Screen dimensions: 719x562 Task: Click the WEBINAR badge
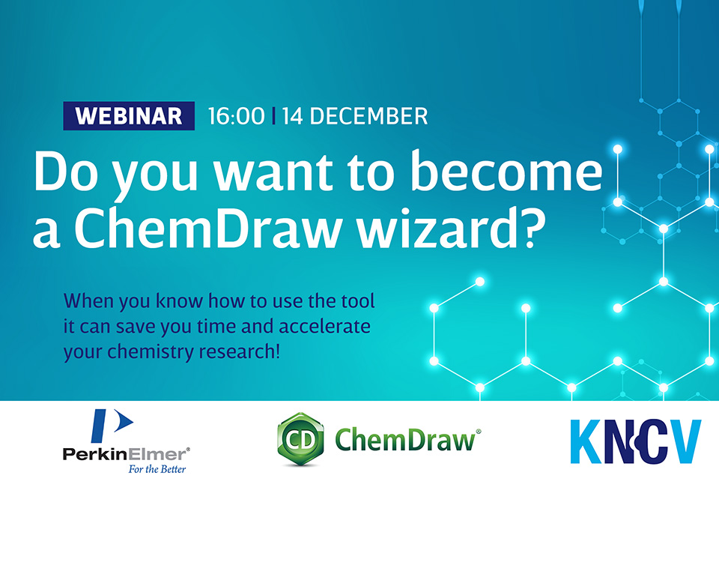(129, 115)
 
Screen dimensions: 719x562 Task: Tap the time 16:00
(236, 116)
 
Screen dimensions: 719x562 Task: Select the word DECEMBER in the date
(368, 116)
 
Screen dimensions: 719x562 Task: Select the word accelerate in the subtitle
(324, 326)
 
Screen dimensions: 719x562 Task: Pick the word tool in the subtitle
(358, 301)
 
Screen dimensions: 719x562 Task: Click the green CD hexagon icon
(301, 439)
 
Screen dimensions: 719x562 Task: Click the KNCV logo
(636, 441)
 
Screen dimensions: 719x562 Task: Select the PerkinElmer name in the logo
(126, 454)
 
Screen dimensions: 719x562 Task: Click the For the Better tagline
(157, 469)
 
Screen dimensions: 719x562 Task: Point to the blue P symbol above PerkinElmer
(112, 426)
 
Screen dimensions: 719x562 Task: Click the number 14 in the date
(293, 116)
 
